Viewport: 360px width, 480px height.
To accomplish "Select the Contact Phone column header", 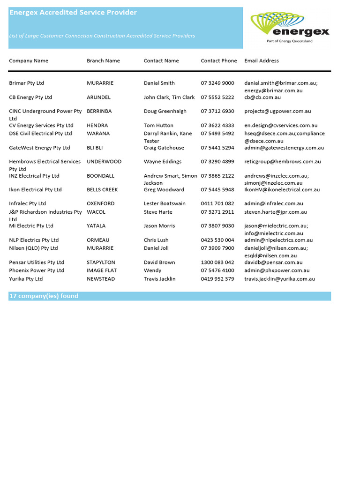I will pos(219,60).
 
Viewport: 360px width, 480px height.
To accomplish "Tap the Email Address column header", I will pos(262,60).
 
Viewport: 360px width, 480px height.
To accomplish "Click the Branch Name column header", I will pos(103,60).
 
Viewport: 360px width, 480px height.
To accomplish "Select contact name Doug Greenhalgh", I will pos(165,111).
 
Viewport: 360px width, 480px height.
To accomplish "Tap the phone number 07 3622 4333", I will pos(217,126).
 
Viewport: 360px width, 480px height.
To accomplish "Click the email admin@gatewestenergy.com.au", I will pos(284,148).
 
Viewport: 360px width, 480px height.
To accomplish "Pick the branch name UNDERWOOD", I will pos(104,162).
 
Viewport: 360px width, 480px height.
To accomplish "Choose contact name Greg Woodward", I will pos(164,190).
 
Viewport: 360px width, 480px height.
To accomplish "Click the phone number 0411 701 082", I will pos(217,204).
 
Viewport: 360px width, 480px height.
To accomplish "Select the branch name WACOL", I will pos(96,212).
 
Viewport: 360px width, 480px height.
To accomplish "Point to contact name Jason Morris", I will pos(159,226).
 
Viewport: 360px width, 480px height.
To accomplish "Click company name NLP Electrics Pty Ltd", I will pos(34,240).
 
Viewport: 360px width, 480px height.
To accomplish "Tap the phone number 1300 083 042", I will pos(217,262).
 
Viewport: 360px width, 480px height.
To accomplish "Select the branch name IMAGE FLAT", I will pos(102,270).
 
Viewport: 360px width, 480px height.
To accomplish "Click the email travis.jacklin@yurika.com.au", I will pos(279,279).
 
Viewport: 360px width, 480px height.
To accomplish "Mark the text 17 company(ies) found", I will pos(44,296).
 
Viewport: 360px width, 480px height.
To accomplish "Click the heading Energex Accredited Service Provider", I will pos(73,13).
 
